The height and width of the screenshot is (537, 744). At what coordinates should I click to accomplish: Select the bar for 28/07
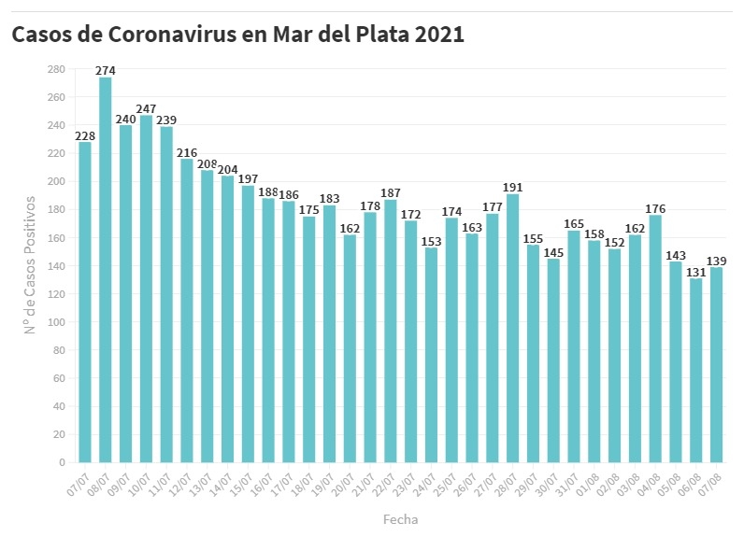click(x=512, y=328)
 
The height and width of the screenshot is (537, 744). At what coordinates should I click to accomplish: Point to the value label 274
click(x=106, y=70)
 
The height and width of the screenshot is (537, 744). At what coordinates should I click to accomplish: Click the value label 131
click(x=695, y=272)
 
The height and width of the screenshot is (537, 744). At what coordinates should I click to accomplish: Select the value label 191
click(x=512, y=187)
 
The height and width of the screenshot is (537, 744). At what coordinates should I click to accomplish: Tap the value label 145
click(x=553, y=252)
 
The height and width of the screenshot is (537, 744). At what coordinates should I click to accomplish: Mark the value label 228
click(x=85, y=135)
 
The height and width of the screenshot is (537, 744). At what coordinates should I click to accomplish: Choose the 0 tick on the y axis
click(x=61, y=462)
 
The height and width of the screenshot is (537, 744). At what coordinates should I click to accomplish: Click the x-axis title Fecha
click(x=401, y=518)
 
